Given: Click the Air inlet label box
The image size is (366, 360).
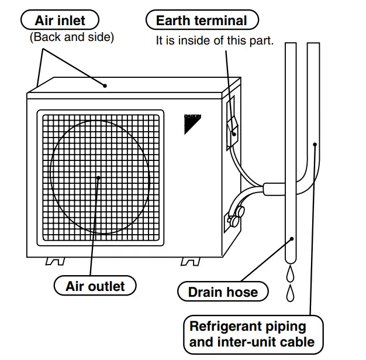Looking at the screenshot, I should click(x=60, y=20).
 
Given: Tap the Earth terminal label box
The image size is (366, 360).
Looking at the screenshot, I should click(x=201, y=20).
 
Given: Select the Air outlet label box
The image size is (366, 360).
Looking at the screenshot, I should click(x=95, y=286).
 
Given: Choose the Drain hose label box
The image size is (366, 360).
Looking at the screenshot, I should click(x=223, y=291).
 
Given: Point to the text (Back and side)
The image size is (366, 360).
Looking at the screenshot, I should click(x=71, y=37).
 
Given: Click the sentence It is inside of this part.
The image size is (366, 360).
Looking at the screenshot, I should click(x=215, y=41).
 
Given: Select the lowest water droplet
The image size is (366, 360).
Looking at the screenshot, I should click(x=291, y=292).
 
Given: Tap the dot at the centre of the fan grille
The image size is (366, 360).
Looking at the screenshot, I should click(x=99, y=177).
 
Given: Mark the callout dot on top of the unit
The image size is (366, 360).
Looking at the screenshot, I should click(x=105, y=85).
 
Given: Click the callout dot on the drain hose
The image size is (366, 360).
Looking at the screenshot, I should click(x=292, y=238).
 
